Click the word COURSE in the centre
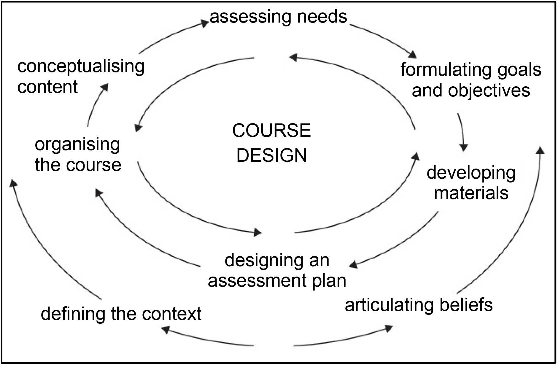pyautogui.click(x=271, y=131)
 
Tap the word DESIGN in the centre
pyautogui.click(x=271, y=155)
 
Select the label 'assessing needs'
pyautogui.click(x=278, y=17)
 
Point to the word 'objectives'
pyautogui.click(x=489, y=91)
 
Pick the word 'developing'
pyautogui.click(x=471, y=173)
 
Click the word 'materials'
pyautogui.click(x=471, y=193)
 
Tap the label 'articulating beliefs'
pyautogui.click(x=419, y=305)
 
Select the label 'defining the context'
pyautogui.click(x=121, y=314)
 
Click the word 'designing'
pyautogui.click(x=256, y=261)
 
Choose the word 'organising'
pyautogui.click(x=77, y=145)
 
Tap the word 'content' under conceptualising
pyautogui.click(x=47, y=87)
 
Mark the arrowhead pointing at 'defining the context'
pyautogui.click(x=165, y=329)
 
